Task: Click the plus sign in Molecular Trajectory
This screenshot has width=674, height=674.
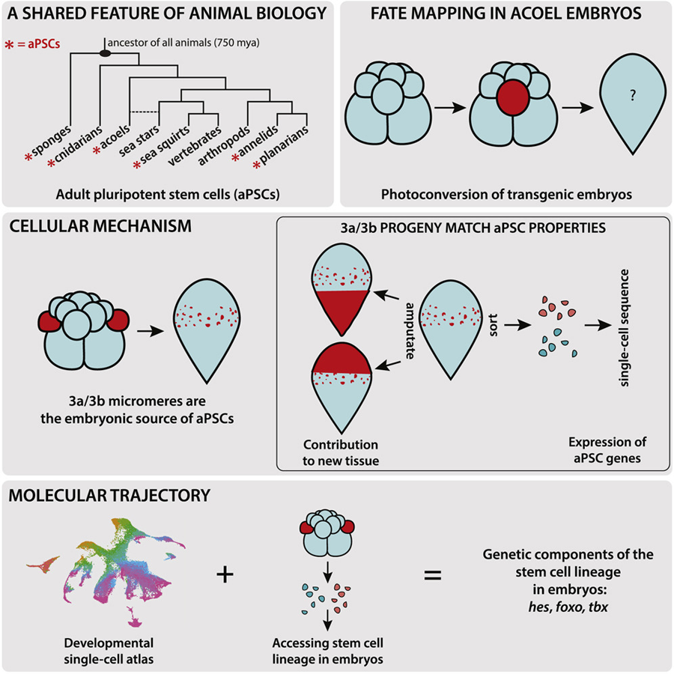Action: [x=222, y=574]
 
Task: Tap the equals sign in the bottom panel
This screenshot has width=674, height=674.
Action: [x=434, y=575]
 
